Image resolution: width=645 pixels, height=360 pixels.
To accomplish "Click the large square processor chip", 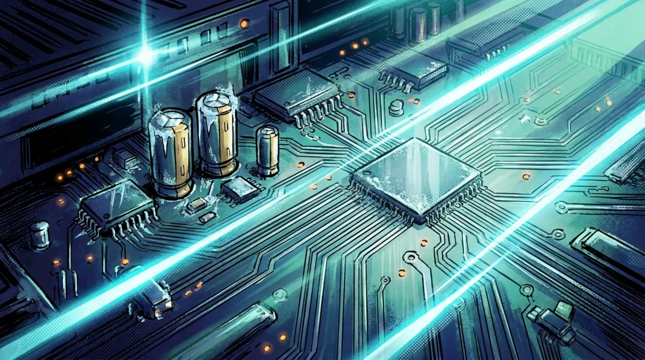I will [x=416, y=177].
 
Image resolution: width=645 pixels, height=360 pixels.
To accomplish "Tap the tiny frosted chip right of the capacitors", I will [x=239, y=189].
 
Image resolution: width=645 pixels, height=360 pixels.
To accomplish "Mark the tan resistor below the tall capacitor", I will [x=197, y=206].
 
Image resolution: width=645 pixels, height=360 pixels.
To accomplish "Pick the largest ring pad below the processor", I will [x=411, y=257].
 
